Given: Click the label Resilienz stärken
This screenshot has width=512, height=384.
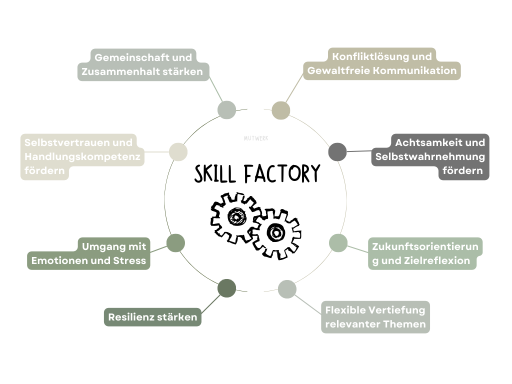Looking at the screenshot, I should (x=152, y=317).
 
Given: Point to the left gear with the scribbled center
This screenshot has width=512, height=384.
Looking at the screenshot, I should (x=235, y=216).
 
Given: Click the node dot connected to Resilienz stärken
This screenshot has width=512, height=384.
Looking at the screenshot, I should (x=227, y=288).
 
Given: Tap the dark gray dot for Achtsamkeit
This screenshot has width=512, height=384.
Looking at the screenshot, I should (x=337, y=151).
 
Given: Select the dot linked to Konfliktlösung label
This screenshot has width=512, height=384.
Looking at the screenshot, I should (x=281, y=110).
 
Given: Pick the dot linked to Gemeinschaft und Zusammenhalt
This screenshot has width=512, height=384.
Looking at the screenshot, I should (x=227, y=110).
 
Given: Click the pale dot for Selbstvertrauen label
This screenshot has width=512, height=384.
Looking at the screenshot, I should (x=178, y=151).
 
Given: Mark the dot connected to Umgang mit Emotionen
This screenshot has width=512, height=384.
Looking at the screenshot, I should (x=175, y=243).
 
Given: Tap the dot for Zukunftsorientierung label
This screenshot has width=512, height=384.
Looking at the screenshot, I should (x=338, y=243).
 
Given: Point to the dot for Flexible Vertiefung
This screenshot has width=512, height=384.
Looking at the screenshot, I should (x=287, y=289).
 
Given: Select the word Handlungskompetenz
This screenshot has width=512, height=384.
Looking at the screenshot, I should (x=82, y=156).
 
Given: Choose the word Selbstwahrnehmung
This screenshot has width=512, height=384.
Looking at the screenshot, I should (x=430, y=156).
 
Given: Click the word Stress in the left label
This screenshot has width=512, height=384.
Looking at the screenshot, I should (x=129, y=260).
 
